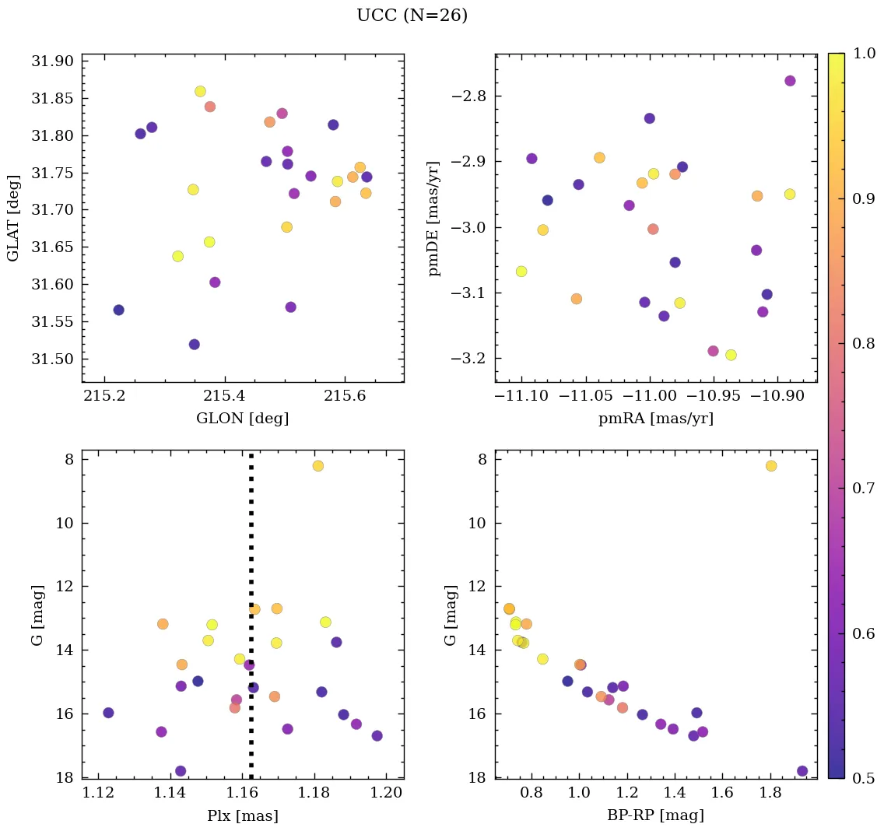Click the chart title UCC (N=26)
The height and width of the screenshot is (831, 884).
[412, 16]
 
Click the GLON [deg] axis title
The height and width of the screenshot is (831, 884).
[242, 419]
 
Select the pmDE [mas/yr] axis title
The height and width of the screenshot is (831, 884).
[434, 219]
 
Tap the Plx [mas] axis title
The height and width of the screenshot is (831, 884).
[242, 816]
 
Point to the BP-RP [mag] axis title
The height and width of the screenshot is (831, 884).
[655, 816]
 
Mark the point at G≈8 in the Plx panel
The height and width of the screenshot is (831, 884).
[317, 466]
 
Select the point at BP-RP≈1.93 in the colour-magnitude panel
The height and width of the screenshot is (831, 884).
[802, 771]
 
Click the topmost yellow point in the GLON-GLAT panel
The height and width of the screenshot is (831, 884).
[200, 92]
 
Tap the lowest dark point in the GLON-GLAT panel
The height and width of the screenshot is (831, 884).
[194, 345]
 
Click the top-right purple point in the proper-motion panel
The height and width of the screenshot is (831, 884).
[790, 81]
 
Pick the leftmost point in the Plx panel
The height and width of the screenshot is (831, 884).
[108, 713]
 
